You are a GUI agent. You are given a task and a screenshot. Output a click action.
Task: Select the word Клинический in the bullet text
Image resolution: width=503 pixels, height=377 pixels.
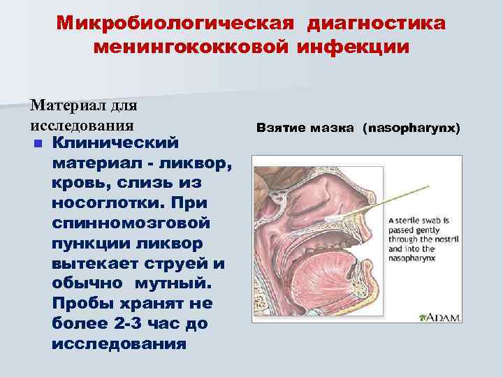pyautogui.click(x=116, y=142)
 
